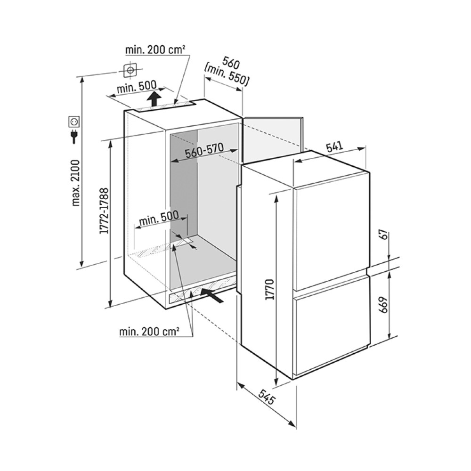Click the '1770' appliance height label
pyautogui.click(x=269, y=290)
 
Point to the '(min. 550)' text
pyautogui.click(x=227, y=76)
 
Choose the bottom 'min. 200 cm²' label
pyautogui.click(x=149, y=332)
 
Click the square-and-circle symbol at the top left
pyautogui.click(x=130, y=71)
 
